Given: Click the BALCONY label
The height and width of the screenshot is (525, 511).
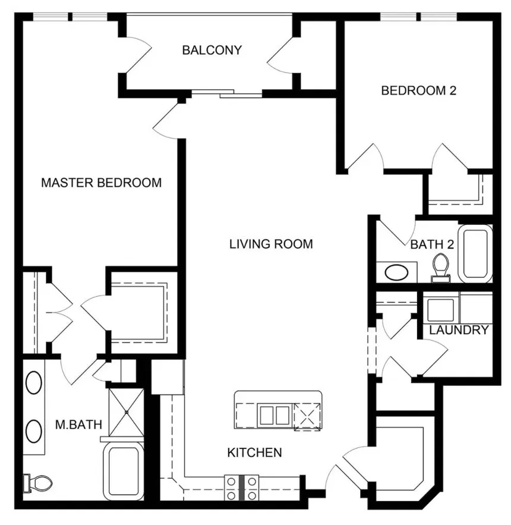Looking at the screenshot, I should (212, 50).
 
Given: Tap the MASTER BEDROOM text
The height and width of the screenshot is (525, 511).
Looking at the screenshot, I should (101, 183).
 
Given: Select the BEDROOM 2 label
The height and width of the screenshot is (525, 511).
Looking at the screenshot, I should (414, 91).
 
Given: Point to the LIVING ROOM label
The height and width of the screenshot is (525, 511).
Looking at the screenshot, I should (271, 244).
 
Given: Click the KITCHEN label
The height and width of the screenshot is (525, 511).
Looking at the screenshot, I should (254, 453).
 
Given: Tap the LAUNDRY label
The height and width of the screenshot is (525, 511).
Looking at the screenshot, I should (459, 330).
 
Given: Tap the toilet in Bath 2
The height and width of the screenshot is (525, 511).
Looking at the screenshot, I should (441, 265).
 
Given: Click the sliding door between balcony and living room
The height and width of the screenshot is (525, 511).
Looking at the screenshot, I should (226, 93).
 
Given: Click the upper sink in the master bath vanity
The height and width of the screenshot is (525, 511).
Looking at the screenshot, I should (34, 382).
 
